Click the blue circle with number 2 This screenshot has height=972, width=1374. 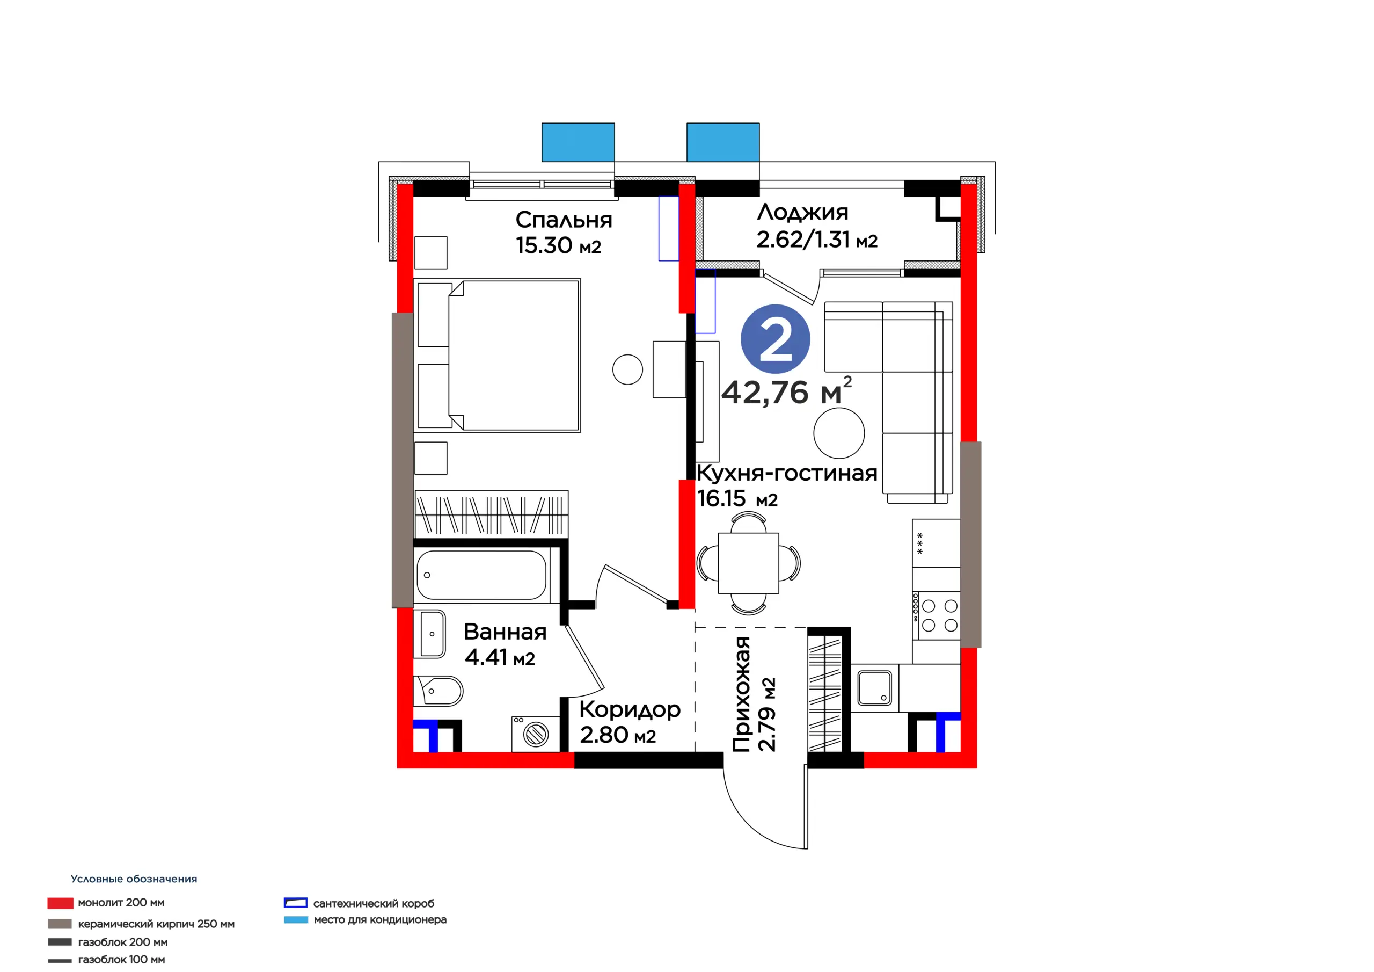coord(775,339)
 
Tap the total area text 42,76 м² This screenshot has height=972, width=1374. coord(786,391)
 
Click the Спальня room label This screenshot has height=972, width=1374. coord(564,220)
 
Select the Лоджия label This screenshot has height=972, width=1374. coord(802,212)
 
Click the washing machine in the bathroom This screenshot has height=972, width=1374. coord(535,734)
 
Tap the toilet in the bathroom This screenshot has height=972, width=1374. coord(438,691)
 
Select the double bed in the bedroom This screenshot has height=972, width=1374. coord(498,355)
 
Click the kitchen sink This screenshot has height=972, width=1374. coord(874,687)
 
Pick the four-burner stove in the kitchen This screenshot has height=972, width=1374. coord(936,615)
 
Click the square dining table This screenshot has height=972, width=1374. coord(748,563)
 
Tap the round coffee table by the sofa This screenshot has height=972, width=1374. coord(839,433)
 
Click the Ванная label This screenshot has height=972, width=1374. coord(505,632)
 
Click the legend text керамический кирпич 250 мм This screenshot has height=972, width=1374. coord(156,924)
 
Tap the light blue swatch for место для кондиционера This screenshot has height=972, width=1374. coord(296,919)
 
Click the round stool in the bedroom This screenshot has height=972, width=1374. coord(627,369)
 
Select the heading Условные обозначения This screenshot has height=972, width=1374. coord(134,879)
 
